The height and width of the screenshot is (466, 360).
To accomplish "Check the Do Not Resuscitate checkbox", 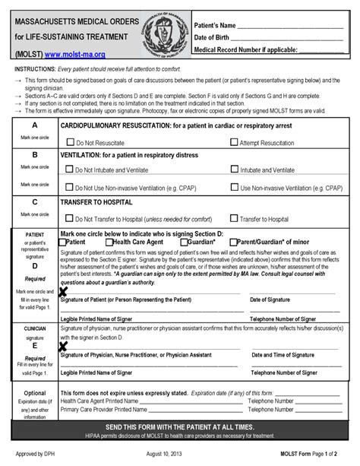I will point(71,141).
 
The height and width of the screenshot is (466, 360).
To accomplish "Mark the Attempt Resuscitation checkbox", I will point(233,141).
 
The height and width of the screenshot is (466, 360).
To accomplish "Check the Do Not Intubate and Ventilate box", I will point(71,170).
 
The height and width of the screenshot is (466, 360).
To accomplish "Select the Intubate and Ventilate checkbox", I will point(233,170).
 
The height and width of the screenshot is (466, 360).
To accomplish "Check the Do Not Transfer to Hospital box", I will point(71,217).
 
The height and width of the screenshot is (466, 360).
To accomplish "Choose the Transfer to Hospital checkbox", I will point(233,217).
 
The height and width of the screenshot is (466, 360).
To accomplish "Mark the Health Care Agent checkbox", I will point(109,241).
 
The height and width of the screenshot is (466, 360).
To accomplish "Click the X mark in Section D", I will point(64,291).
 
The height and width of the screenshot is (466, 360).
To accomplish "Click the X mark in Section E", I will point(64,346).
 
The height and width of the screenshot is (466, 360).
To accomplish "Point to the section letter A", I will point(33,125).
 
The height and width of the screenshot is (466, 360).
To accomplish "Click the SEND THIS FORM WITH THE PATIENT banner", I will point(180,427).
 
